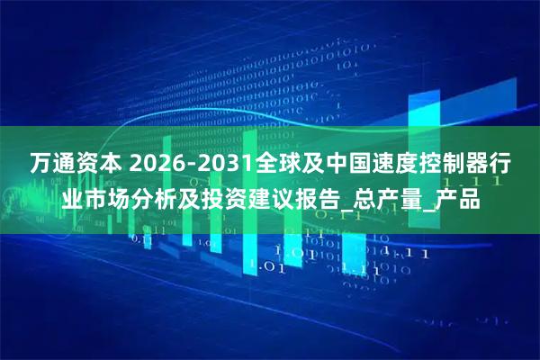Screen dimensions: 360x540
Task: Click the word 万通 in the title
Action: pos(52,165)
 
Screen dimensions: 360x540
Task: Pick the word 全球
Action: pos(277,165)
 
